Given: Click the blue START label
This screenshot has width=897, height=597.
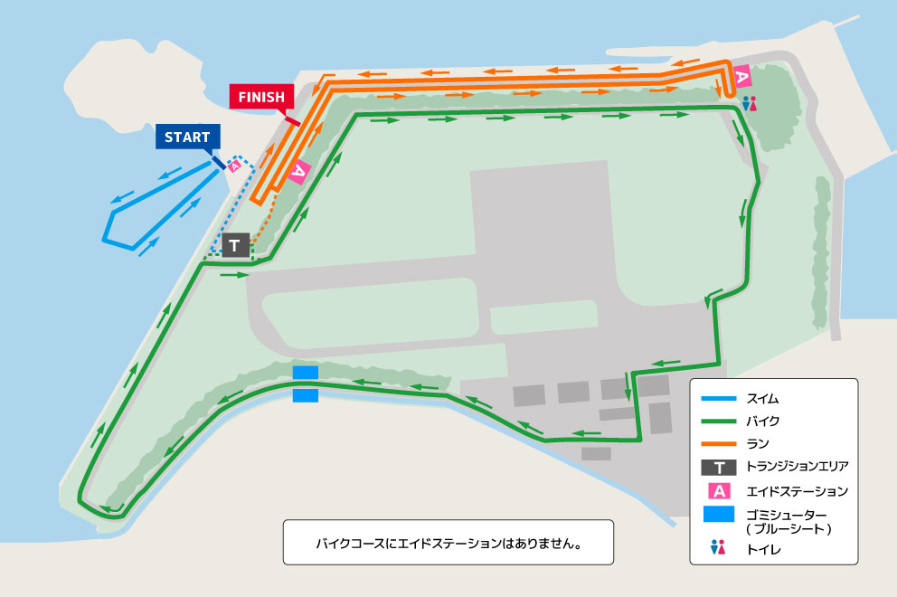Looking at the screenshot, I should [187, 137].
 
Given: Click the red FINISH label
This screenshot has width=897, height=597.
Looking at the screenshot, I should [262, 97].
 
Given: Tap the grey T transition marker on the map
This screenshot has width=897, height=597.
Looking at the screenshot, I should [235, 245].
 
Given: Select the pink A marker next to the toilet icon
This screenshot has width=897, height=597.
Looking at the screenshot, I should [741, 78].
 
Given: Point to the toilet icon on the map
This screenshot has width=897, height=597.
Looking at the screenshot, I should [749, 104].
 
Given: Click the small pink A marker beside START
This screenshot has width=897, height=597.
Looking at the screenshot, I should [234, 166].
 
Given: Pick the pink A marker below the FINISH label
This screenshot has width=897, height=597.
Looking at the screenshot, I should [300, 169].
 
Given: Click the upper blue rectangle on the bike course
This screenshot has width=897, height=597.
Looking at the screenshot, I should [306, 373].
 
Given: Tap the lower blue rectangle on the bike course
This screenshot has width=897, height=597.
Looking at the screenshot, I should [306, 395].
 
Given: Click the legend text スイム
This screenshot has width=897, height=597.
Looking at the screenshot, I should [762, 398].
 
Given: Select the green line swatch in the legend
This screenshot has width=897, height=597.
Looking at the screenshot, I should [719, 421].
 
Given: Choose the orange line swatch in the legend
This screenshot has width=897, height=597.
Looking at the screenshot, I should [719, 443].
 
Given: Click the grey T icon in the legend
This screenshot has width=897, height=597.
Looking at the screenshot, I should [719, 468].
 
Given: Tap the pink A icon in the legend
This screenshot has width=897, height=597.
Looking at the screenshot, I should [719, 491].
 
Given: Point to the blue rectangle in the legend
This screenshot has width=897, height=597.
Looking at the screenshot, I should [719, 514].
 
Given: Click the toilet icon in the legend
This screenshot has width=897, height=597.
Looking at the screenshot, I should [719, 547].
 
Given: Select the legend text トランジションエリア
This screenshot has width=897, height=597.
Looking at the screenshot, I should [797, 468].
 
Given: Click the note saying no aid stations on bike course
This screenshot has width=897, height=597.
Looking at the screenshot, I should [448, 545].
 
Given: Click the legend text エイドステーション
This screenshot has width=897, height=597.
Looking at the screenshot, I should [797, 491].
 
